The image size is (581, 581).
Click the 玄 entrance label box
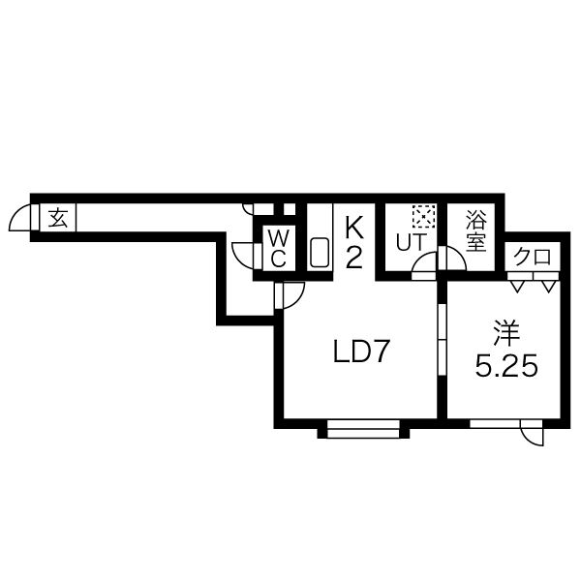(x=57, y=218)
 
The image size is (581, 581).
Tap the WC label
(x=278, y=248)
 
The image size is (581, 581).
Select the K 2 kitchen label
(x=353, y=243)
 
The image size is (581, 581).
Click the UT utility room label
(x=411, y=243)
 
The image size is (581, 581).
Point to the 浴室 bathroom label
(x=475, y=230)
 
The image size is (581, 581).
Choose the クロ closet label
(x=532, y=257)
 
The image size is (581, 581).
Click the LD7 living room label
(x=361, y=352)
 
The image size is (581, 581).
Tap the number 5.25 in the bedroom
(x=506, y=367)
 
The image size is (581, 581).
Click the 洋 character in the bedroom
(x=506, y=333)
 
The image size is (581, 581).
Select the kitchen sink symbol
(x=320, y=252)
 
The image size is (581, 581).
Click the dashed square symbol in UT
(x=423, y=216)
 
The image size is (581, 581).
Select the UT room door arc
(x=419, y=258)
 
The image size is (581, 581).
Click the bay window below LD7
(x=363, y=429)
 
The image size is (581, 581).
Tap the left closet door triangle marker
(x=517, y=286)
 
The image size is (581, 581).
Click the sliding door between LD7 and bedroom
(x=443, y=340)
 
